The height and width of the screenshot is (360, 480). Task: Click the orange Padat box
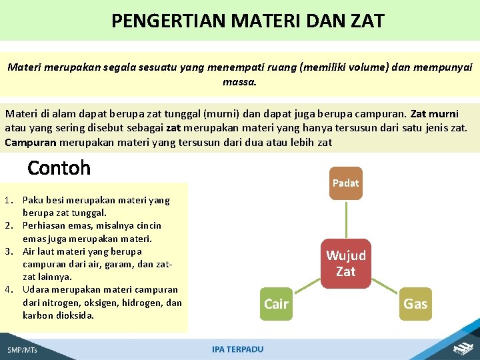click(345, 183)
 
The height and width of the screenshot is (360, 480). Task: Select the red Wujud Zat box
click(345, 263)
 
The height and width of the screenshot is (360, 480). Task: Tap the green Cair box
click(276, 304)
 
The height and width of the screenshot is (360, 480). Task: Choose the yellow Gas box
click(415, 304)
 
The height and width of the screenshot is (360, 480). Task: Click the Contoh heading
click(59, 168)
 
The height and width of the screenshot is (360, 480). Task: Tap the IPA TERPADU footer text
click(237, 349)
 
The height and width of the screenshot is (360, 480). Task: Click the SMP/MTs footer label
click(23, 349)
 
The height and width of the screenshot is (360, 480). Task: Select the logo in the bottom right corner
click(461, 348)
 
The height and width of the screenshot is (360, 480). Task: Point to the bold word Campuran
click(31, 142)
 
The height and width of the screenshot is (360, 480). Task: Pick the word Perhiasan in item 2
click(44, 225)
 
